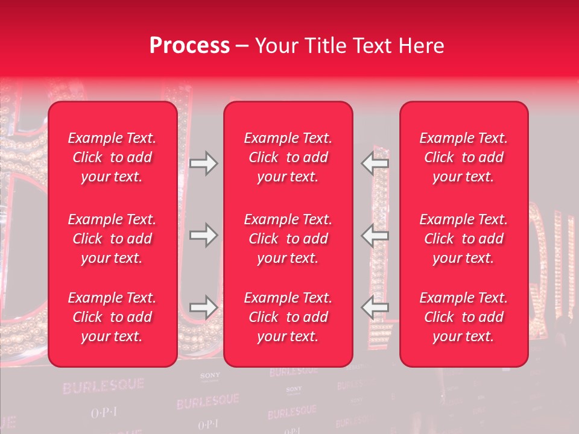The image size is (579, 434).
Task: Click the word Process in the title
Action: tap(189, 46)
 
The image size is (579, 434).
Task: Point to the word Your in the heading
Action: tap(276, 46)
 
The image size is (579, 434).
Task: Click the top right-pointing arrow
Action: tap(203, 163)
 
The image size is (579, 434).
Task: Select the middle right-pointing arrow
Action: tap(203, 235)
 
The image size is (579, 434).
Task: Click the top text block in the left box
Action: tap(112, 157)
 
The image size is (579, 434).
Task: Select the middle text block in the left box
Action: tap(112, 239)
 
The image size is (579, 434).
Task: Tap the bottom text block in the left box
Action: tap(112, 317)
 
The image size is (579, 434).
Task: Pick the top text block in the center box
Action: tap(288, 157)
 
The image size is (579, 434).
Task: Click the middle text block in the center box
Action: tap(288, 239)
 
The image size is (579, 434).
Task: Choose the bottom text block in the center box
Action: tap(288, 317)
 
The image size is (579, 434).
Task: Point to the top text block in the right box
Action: tap(463, 157)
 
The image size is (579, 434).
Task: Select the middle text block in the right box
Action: tap(463, 239)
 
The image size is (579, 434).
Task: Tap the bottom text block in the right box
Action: tap(463, 317)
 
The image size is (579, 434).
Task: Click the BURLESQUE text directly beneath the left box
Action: tap(103, 385)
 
